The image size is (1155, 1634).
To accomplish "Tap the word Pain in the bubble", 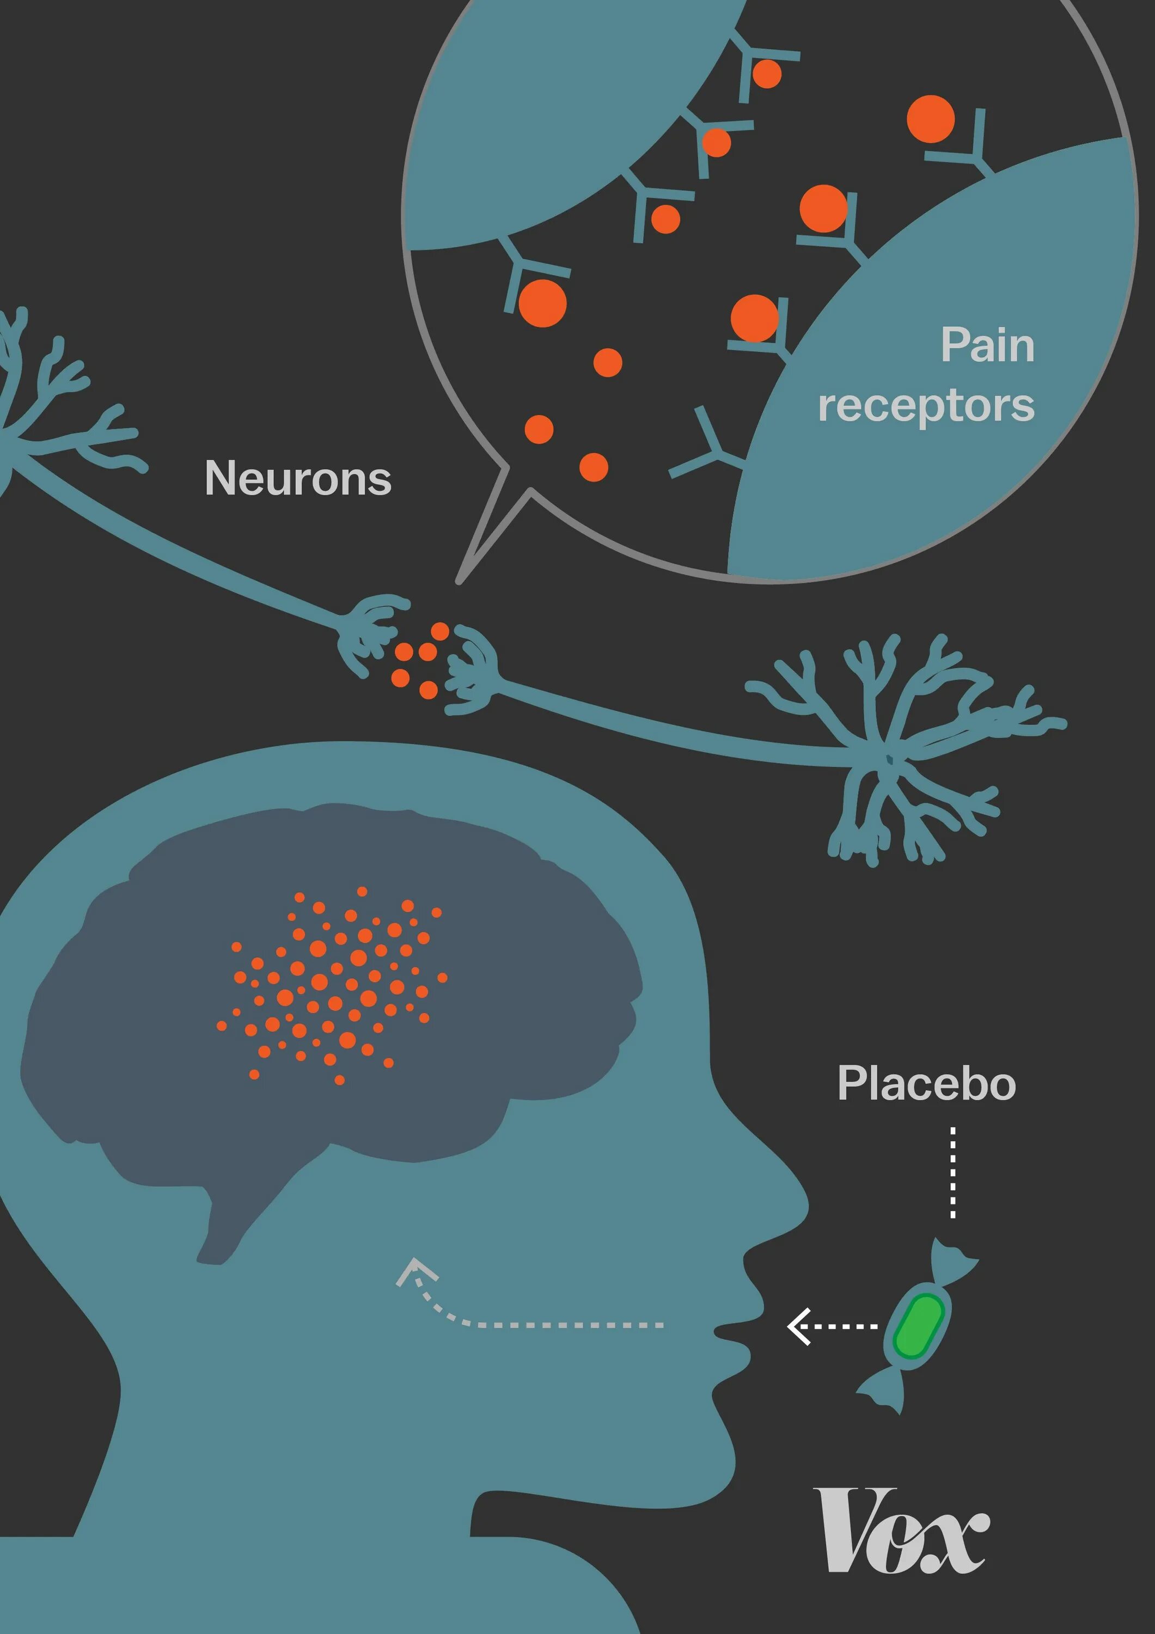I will click(x=987, y=346).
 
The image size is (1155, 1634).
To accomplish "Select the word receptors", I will click(x=925, y=406).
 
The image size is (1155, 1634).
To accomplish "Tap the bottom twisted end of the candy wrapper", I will click(x=886, y=1391).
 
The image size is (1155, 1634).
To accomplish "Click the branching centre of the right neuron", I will click(x=890, y=759).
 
